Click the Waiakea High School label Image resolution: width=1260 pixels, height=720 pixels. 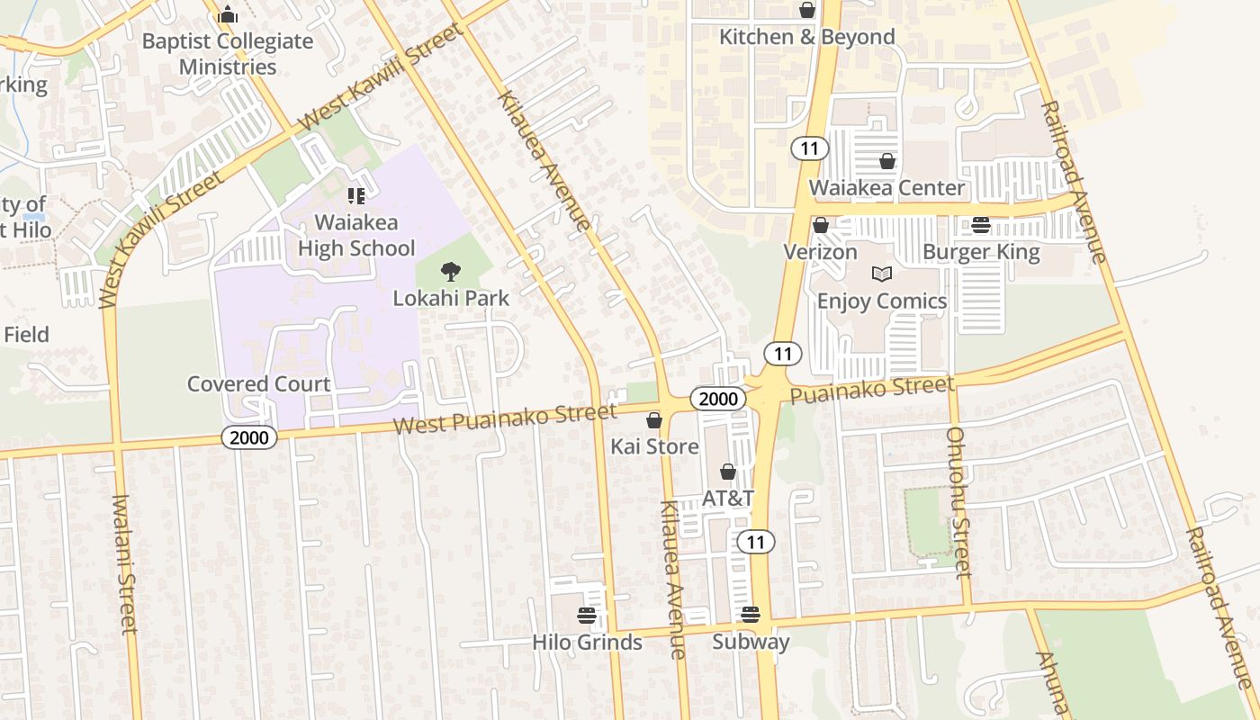356,235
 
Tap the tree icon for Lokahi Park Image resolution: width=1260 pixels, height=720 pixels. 450,271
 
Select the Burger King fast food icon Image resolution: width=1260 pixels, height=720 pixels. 981,225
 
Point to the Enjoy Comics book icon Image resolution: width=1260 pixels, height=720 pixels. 881,274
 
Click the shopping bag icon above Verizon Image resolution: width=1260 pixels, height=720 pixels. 820,225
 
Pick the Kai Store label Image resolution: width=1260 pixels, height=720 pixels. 654,446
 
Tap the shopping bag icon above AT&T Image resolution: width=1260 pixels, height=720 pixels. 728,472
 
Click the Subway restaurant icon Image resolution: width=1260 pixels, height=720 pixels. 751,615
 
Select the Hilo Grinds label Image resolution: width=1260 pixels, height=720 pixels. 587,642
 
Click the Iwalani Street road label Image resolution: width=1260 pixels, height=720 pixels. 125,563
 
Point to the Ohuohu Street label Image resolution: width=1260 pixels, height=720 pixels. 957,501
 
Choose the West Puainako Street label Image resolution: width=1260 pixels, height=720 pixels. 505,418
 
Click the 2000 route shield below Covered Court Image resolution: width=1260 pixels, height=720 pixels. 249,437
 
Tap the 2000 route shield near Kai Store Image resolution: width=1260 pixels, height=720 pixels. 718,399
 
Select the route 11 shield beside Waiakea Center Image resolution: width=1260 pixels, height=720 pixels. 810,148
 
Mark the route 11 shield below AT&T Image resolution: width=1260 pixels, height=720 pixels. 756,542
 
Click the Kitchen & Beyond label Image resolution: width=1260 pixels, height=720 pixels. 806,37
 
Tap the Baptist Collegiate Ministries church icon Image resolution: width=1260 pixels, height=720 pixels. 228,14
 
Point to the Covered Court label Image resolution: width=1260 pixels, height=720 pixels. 258,384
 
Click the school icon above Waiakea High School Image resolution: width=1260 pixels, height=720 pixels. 355,195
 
